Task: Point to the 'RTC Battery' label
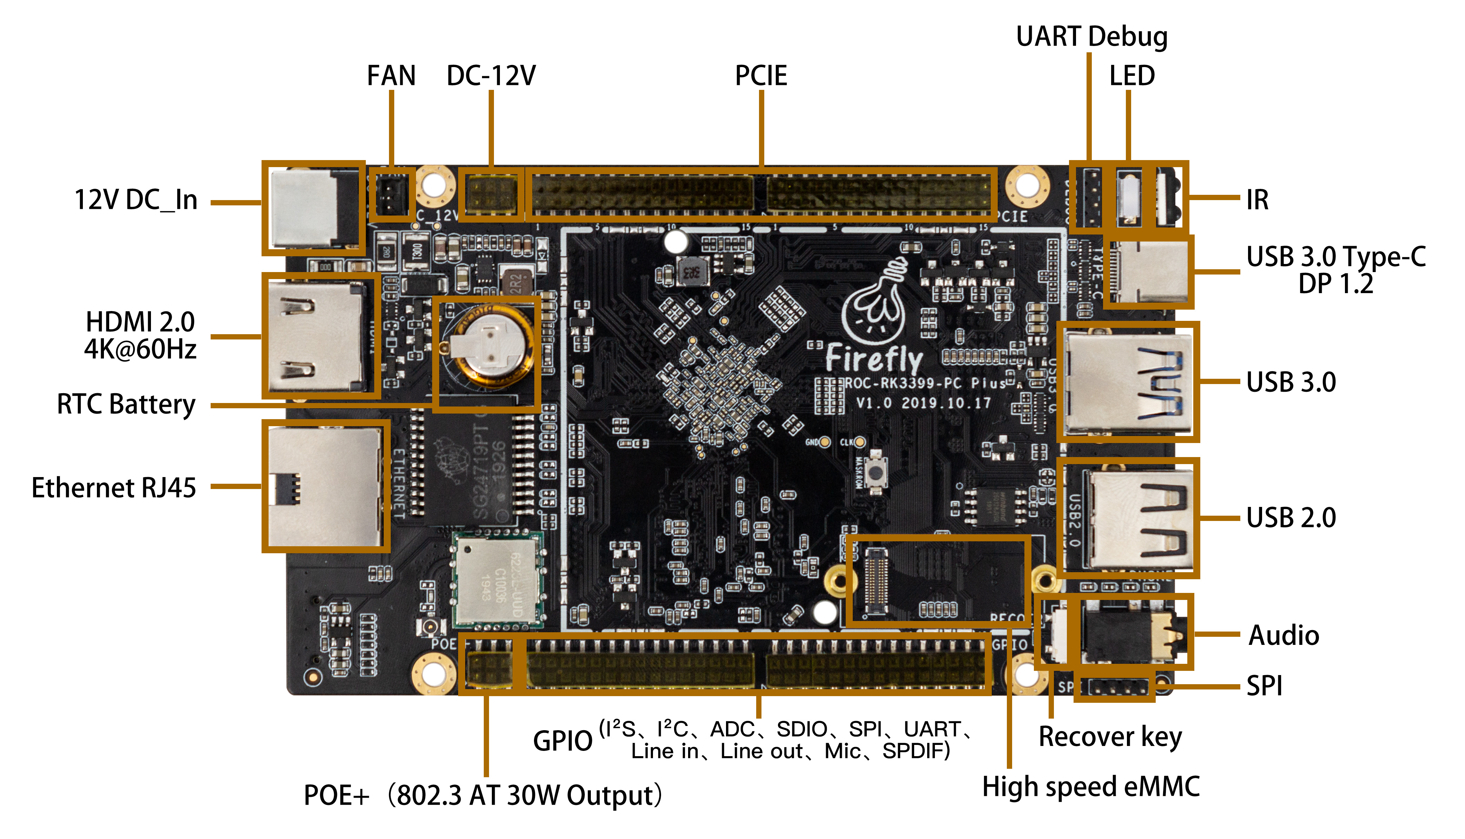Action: click(x=126, y=404)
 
